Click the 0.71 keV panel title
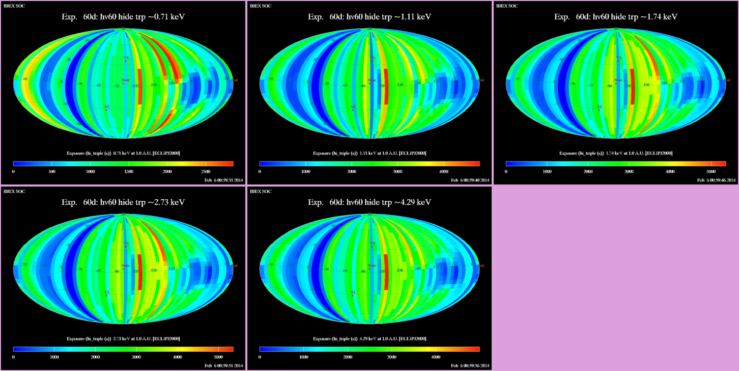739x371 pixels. (x=123, y=17)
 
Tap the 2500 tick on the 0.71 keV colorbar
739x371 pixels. (x=206, y=172)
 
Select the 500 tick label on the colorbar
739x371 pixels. (x=51, y=172)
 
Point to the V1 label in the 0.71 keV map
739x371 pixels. (x=126, y=59)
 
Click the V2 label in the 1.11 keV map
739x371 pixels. (x=353, y=107)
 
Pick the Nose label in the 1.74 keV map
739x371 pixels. (x=618, y=80)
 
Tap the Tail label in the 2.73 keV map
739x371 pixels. (x=235, y=266)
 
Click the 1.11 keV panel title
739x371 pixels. (x=369, y=17)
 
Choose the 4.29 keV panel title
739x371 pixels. (x=369, y=202)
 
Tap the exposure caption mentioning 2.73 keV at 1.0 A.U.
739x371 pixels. (x=123, y=338)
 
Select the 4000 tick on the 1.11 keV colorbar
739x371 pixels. (x=443, y=172)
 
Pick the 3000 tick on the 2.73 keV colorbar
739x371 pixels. (x=136, y=357)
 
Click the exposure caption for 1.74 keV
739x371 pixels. (x=616, y=153)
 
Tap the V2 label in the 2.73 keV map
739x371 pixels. (x=106, y=293)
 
